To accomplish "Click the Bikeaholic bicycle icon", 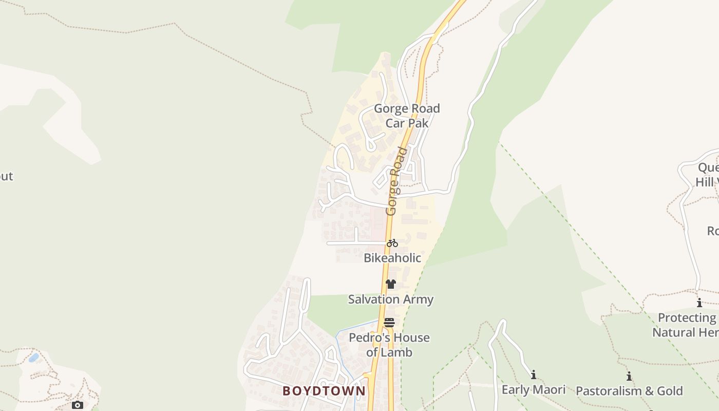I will (x=392, y=243).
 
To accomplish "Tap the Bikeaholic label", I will (x=392, y=258).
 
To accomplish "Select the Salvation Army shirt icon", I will (x=391, y=284).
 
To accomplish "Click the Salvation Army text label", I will (x=391, y=299).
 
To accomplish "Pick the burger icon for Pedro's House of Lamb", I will (x=389, y=323).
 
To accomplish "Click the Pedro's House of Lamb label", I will (x=389, y=345).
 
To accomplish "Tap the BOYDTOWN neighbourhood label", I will (x=324, y=391).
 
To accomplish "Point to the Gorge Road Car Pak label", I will (x=407, y=116).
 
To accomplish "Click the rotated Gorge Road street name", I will (x=396, y=181).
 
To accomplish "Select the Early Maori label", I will (x=534, y=390).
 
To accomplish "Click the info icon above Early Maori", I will (x=534, y=375).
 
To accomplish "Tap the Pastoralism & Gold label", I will (x=629, y=391).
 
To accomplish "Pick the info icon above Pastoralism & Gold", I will (x=629, y=377).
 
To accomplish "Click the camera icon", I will (x=78, y=405).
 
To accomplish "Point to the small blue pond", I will (x=33, y=358).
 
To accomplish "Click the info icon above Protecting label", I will (x=699, y=303).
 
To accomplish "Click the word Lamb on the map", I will (x=401, y=352).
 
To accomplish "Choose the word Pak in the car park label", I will (x=419, y=123).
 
